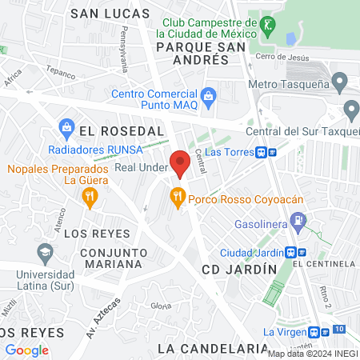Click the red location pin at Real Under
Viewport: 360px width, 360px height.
coord(180,162)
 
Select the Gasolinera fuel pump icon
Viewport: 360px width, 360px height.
coord(298,218)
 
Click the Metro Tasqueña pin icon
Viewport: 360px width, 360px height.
coord(340,82)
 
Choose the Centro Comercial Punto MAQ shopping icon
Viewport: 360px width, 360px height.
coord(209,97)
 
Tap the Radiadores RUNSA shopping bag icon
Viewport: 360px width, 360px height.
coord(67,127)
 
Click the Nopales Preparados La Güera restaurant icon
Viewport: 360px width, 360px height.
coord(90,195)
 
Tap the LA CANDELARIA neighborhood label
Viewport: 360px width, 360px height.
coord(213,348)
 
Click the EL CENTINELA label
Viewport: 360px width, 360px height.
coord(323,263)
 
